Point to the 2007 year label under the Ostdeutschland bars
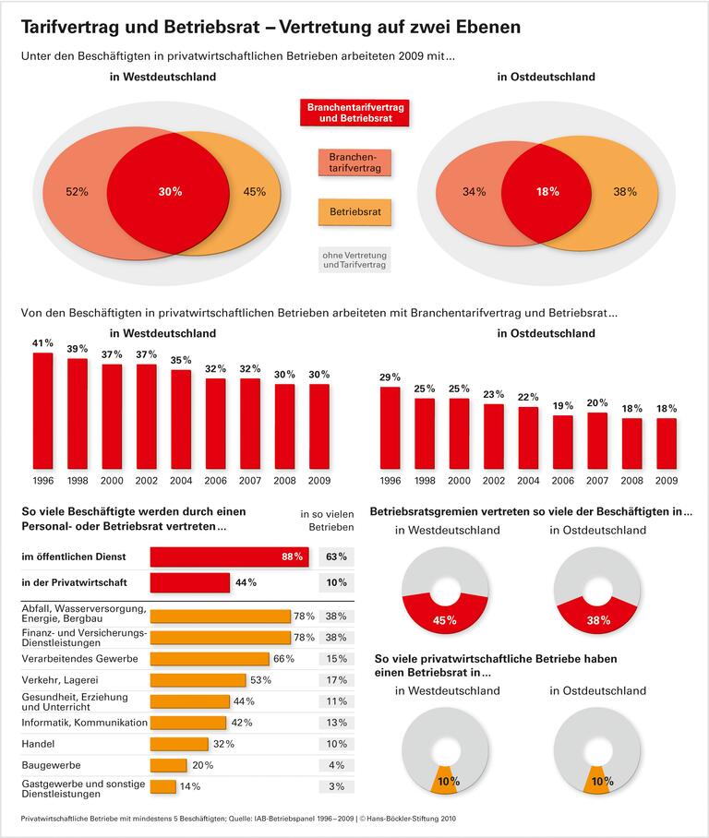[x=597, y=480]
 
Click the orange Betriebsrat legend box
[x=354, y=212]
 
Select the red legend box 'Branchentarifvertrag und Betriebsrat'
[x=354, y=114]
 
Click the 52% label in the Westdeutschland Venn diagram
[x=77, y=192]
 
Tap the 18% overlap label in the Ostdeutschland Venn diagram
[x=547, y=192]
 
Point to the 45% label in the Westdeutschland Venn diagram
[x=255, y=192]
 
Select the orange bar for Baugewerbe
[x=168, y=765]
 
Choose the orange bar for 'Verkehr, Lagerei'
[x=198, y=680]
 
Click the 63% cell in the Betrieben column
[x=336, y=557]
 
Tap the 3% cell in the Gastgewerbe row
[x=336, y=786]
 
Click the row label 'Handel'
[x=38, y=743]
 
